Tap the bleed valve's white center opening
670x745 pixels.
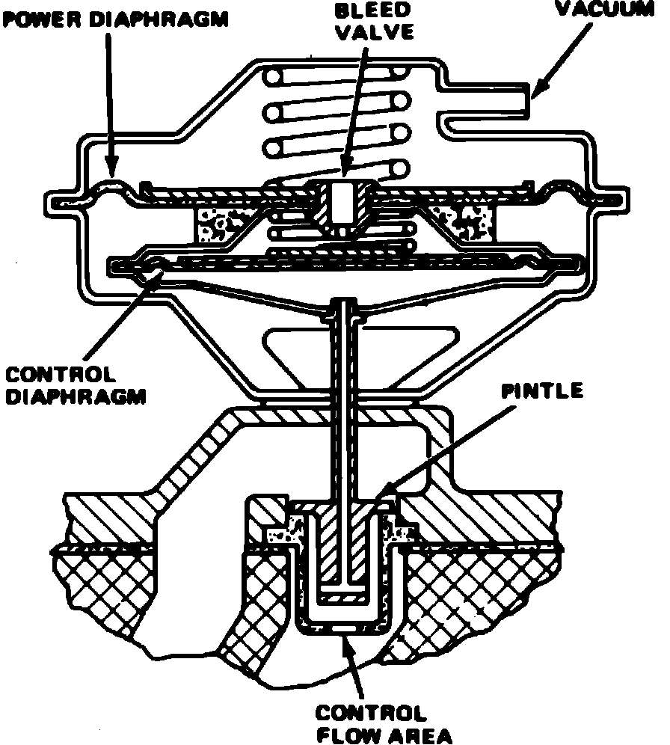tap(342, 200)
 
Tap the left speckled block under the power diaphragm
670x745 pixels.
tap(218, 223)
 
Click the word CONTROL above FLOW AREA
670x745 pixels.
tap(372, 711)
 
